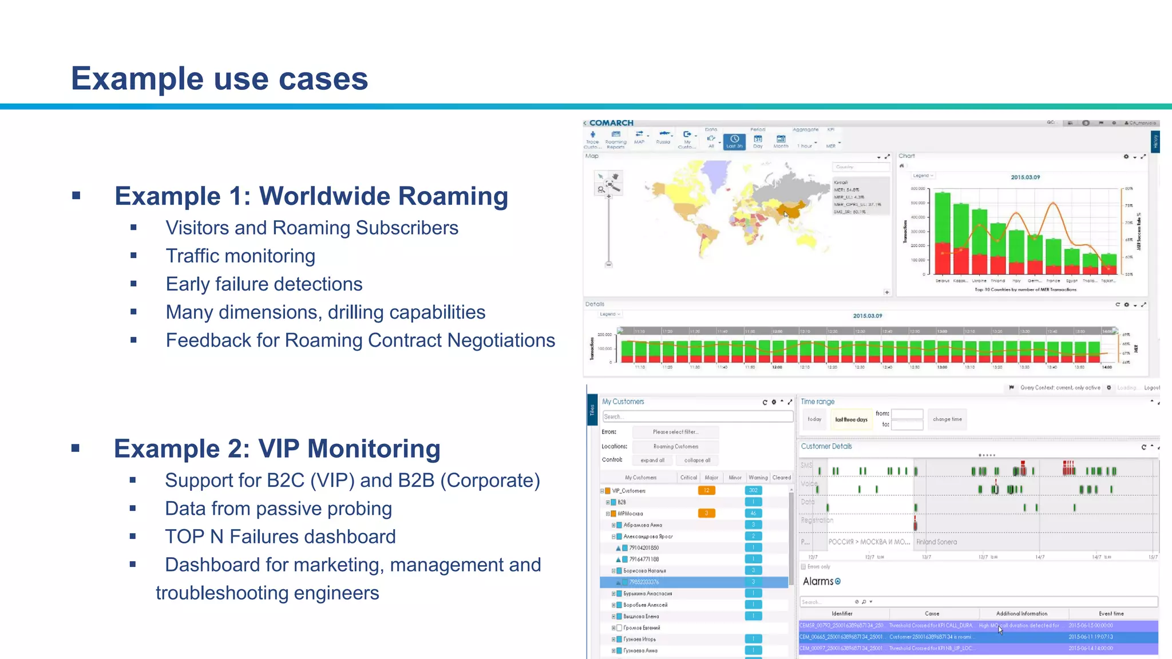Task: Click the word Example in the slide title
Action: click(x=137, y=78)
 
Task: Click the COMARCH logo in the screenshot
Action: click(x=611, y=123)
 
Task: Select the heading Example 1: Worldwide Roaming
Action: click(x=311, y=196)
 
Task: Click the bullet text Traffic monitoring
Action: click(x=240, y=256)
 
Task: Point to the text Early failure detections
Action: click(x=264, y=284)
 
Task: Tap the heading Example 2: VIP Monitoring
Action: click(x=277, y=449)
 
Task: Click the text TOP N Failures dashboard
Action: click(x=280, y=537)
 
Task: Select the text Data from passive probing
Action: click(x=278, y=509)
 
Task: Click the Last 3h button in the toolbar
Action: click(x=734, y=141)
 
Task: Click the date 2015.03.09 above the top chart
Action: click(x=1025, y=177)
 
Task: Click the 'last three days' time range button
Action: click(x=851, y=419)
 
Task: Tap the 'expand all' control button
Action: click(x=652, y=460)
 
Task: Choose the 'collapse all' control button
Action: click(x=697, y=460)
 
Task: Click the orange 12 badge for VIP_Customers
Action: click(x=706, y=490)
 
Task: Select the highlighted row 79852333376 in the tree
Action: click(x=644, y=582)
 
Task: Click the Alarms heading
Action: click(x=818, y=581)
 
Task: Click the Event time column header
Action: click(x=1111, y=613)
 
